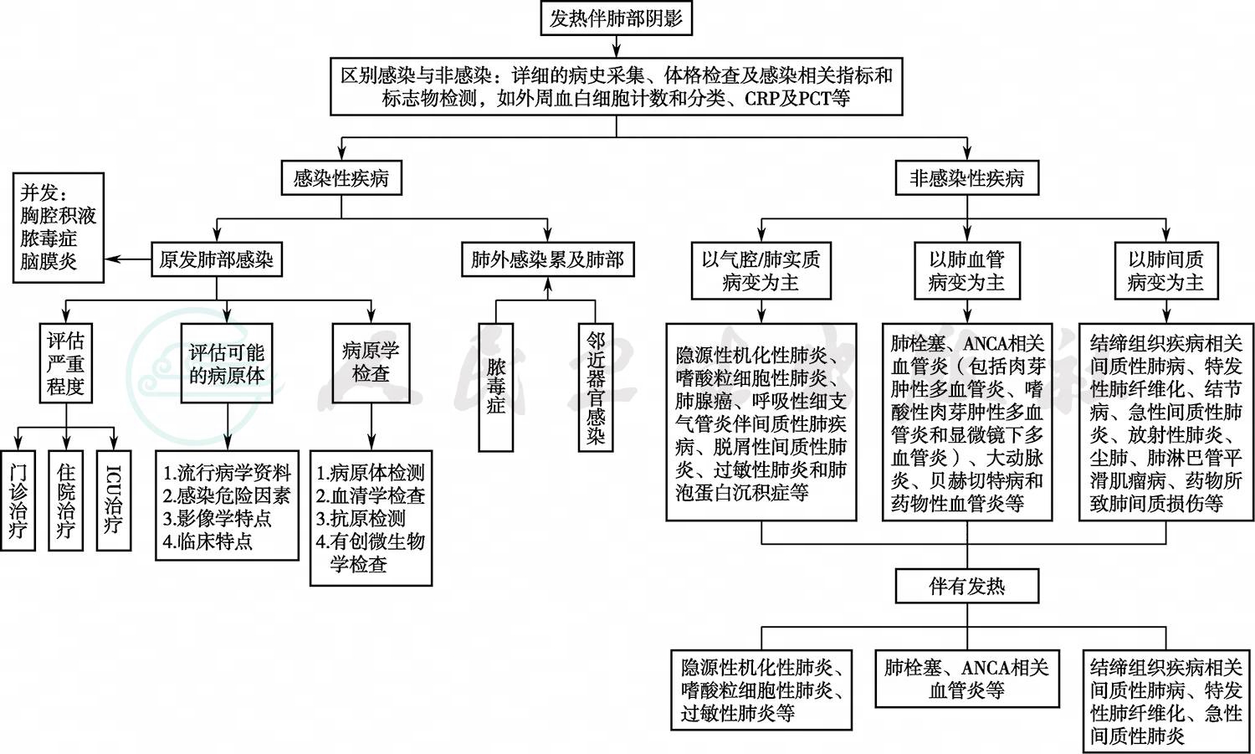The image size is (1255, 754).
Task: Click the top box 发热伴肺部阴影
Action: click(616, 18)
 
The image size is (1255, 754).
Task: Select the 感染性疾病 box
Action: click(341, 178)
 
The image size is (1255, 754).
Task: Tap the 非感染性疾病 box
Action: click(966, 178)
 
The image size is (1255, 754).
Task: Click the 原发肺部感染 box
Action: click(217, 259)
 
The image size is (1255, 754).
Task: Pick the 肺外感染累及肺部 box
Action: click(547, 259)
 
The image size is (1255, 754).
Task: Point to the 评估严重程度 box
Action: click(66, 363)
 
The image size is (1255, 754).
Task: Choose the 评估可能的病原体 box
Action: click(227, 363)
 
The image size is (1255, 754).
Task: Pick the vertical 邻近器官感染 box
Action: click(595, 387)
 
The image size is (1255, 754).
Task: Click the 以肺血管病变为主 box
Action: click(966, 270)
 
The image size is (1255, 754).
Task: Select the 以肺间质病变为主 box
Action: click(1165, 270)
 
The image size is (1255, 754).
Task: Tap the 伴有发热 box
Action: click(966, 586)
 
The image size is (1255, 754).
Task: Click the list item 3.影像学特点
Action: click(218, 518)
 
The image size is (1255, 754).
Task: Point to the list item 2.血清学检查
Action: click(371, 495)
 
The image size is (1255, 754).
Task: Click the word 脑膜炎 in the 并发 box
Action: click(49, 261)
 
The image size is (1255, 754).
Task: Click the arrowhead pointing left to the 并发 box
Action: click(110, 259)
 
